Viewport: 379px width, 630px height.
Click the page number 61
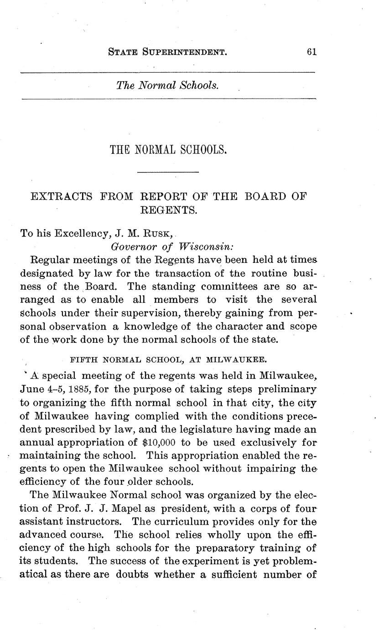click(x=312, y=52)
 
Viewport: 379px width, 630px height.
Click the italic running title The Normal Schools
click(x=167, y=85)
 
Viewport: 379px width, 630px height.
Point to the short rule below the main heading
click(x=168, y=172)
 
